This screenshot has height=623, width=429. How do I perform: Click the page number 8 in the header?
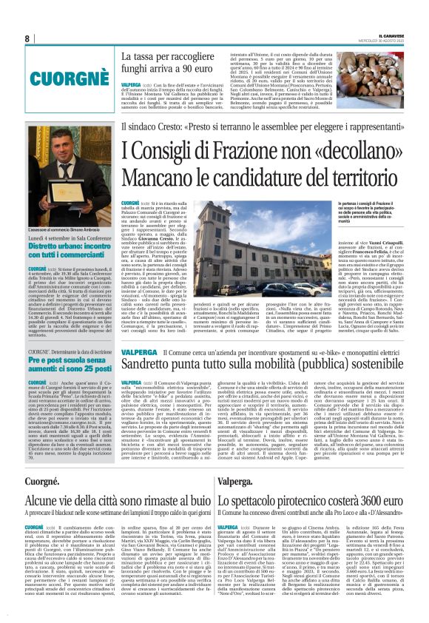(27, 38)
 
